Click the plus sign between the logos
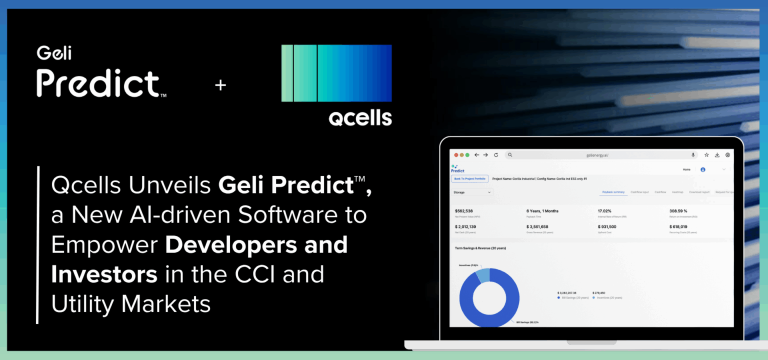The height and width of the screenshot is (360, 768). click(x=221, y=86)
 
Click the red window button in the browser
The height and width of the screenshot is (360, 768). click(x=452, y=156)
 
